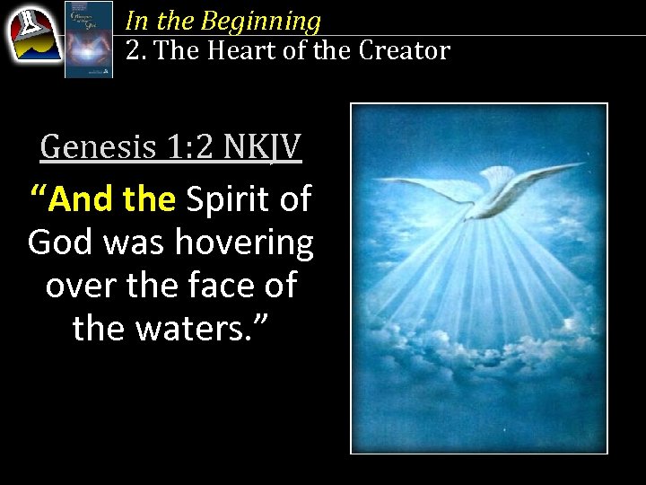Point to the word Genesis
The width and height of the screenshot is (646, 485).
point(98,145)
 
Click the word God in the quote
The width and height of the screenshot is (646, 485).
point(57,242)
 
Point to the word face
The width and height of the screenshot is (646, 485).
point(217,286)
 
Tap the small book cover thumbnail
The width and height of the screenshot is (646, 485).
point(89,40)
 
